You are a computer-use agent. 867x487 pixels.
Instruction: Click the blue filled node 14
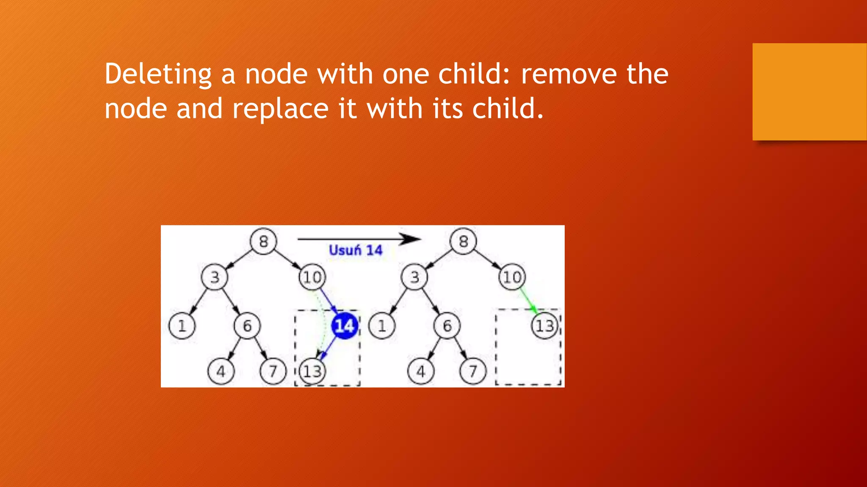(344, 326)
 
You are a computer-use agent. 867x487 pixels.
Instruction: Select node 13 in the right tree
(544, 326)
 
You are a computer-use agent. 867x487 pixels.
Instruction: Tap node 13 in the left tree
(312, 372)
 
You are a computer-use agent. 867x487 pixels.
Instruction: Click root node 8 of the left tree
(263, 241)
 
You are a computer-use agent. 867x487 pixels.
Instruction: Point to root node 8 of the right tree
(464, 241)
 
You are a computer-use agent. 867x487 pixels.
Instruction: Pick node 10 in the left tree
(312, 277)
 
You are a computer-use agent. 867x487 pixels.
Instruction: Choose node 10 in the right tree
(512, 277)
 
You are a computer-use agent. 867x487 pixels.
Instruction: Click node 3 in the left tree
(215, 277)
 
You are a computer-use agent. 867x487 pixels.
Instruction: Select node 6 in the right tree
(447, 326)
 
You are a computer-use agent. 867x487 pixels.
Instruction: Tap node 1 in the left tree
(182, 326)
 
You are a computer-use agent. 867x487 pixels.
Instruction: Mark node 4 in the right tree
(420, 372)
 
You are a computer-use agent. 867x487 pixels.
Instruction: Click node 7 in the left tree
(273, 372)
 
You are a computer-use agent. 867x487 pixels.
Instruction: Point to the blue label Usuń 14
(356, 250)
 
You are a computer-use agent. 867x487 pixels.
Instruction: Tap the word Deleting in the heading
(158, 74)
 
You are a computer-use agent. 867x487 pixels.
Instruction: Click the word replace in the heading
(280, 109)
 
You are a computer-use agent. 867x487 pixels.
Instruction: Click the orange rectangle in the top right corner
(809, 92)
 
